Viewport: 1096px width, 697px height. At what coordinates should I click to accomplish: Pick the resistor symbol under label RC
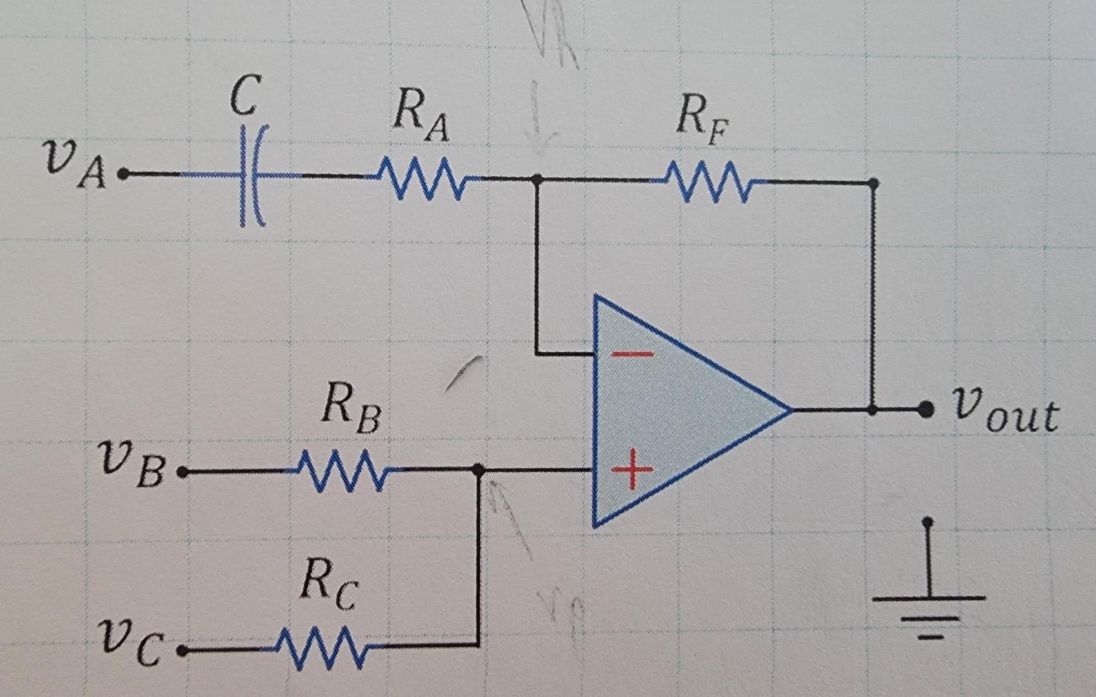321,646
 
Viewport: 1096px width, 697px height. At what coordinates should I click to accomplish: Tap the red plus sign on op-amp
632,469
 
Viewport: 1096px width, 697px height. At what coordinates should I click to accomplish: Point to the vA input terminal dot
123,174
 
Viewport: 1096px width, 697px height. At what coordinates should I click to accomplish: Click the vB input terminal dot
183,473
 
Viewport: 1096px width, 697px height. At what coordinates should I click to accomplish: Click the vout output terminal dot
926,409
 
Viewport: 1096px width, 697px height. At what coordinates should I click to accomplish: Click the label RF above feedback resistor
701,119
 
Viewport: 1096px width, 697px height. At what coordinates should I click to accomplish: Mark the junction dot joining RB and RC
478,469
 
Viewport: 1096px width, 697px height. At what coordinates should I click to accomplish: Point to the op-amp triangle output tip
790,409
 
